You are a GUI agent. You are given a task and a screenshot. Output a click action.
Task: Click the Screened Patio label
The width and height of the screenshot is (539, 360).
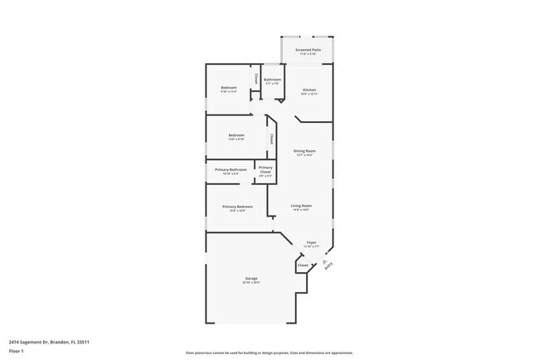tap(308, 50)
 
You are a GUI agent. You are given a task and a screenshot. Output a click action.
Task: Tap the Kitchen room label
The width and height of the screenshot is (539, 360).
tap(309, 90)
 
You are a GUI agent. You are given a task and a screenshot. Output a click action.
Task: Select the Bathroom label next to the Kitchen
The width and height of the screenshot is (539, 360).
tap(273, 80)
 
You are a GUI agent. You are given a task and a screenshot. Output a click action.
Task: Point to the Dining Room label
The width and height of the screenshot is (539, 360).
tap(304, 151)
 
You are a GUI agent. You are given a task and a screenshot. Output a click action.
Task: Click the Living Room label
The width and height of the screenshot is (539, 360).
tap(301, 206)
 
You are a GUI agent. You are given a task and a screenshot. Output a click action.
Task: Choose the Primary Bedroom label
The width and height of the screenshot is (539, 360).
tap(237, 207)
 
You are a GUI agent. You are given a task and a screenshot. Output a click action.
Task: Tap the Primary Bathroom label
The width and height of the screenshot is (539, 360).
tap(231, 170)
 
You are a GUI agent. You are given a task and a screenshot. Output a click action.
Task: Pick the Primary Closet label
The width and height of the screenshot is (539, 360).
tap(265, 169)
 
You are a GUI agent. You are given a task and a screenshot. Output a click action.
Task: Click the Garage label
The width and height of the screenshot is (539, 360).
tap(250, 278)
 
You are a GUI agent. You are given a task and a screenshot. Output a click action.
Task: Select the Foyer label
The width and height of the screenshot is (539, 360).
tap(311, 243)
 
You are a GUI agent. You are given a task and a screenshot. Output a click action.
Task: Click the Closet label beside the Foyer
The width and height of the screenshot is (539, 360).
tap(303, 265)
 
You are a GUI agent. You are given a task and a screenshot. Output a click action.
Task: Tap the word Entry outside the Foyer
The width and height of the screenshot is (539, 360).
tap(329, 267)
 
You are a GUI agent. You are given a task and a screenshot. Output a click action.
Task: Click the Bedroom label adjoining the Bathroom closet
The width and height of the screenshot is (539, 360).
tap(229, 88)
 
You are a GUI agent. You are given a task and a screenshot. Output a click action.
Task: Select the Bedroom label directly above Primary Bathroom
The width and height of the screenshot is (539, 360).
tap(236, 134)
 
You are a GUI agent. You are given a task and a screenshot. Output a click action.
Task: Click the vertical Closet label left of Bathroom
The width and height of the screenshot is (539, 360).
tap(258, 79)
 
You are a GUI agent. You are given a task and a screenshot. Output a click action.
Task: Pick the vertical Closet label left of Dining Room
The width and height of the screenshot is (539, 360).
tap(271, 139)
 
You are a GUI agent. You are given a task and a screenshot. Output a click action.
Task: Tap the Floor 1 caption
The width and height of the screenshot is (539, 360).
tap(17, 352)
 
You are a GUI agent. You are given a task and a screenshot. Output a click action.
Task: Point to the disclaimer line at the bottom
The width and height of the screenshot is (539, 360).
tap(269, 353)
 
